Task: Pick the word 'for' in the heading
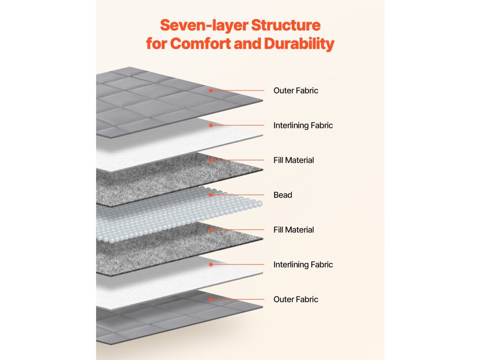pos(157,44)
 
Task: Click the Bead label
pos(283,195)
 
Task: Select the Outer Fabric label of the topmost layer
pos(296,90)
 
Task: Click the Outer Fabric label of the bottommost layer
pos(296,300)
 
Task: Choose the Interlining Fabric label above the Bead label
pos(303,126)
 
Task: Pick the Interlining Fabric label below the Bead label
pos(303,265)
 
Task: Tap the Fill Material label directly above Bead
pos(294,160)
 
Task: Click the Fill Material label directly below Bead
pos(294,230)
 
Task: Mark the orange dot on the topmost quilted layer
pos(211,90)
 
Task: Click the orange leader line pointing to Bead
pos(239,195)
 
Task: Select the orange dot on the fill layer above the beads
pos(211,160)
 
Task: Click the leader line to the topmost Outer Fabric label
pos(239,90)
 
